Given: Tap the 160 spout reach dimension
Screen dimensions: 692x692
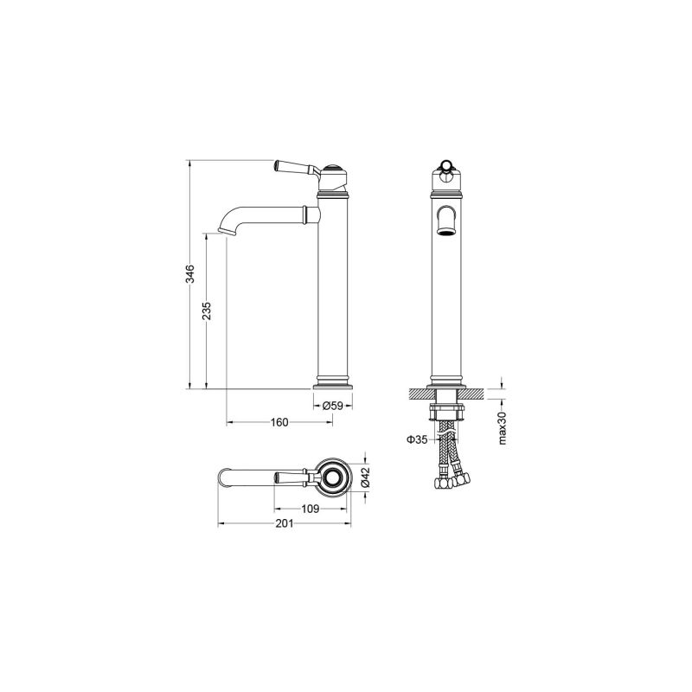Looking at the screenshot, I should (279, 423).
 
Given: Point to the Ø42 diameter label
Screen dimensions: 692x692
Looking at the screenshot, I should (365, 477).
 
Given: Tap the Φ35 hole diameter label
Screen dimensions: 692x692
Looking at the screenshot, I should (416, 440).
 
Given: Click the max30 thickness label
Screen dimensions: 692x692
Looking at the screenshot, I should (503, 427).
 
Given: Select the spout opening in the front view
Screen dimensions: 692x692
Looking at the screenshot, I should (445, 222).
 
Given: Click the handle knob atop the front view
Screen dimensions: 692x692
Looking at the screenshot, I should (445, 167).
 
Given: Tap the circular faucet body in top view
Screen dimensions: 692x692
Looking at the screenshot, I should (333, 477).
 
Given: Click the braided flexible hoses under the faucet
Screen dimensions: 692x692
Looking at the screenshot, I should (445, 445).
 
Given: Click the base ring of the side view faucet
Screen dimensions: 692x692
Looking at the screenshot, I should (333, 381).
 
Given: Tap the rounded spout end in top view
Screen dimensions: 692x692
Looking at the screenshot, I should (223, 477).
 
